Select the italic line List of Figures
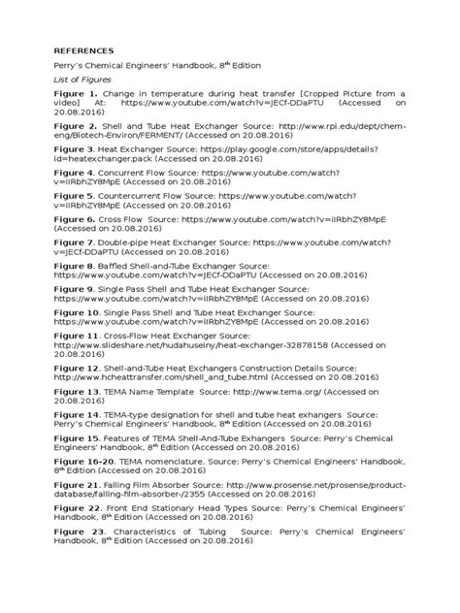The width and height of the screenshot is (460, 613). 82,80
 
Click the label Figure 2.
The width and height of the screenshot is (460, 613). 75,126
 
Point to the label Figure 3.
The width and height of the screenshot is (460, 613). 75,150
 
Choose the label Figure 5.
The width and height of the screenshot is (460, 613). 75,195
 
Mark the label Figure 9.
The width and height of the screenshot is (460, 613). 75,289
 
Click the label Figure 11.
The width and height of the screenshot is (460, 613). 78,335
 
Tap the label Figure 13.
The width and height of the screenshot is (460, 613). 78,391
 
